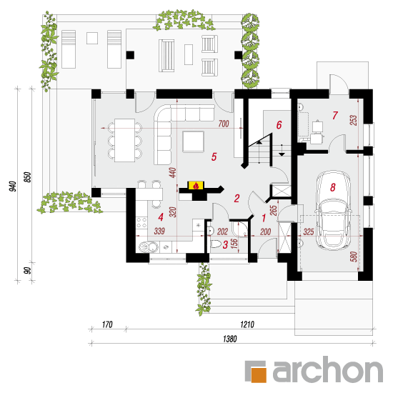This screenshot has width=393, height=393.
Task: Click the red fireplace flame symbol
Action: coord(196,186)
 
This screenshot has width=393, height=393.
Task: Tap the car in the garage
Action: coord(332,210)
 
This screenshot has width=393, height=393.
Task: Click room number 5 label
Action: coord(214,157)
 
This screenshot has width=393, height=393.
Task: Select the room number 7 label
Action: coord(335,115)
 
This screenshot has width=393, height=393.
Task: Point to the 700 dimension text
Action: coord(224,124)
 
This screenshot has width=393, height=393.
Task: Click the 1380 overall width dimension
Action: coord(230,339)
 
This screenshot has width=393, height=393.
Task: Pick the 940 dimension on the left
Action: coord(13,186)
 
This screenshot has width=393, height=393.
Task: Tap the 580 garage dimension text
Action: coord(354,257)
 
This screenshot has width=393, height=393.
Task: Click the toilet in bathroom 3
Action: coord(215,244)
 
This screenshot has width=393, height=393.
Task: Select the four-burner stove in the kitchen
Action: coord(141,222)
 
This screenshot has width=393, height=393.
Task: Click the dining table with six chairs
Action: coord(125,140)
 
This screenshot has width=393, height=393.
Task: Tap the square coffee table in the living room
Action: coord(193,141)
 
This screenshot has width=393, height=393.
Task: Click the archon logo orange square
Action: coord(259,375)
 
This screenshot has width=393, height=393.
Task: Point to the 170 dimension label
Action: coord(107,324)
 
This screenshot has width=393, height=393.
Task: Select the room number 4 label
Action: coord(161,217)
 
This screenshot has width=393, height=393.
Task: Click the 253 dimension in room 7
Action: coord(353,120)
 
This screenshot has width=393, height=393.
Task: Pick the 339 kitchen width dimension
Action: coord(159,231)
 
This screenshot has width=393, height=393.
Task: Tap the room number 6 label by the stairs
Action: coord(279,125)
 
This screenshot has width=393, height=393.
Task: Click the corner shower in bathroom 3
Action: coord(239,229)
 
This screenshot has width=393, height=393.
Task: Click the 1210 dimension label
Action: coord(247,324)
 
